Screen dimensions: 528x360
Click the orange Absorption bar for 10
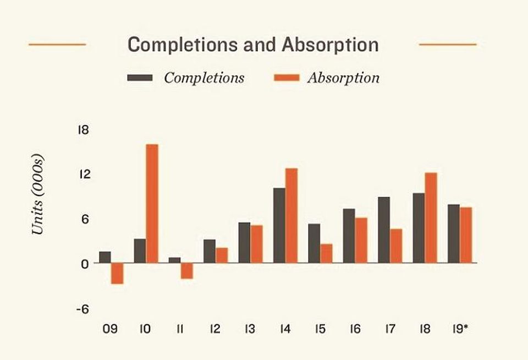click(x=152, y=204)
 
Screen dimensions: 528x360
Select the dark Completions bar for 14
click(x=279, y=226)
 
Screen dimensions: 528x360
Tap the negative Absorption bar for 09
click(x=117, y=274)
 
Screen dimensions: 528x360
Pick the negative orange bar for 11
click(x=187, y=271)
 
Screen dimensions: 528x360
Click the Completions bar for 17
click(x=384, y=230)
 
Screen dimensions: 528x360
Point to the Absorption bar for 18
click(x=431, y=218)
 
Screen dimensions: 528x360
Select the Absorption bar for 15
click(x=326, y=253)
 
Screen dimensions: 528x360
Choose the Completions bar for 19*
click(x=454, y=233)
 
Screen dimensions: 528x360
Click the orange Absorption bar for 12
click(x=222, y=255)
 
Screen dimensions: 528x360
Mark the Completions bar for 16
click(x=349, y=236)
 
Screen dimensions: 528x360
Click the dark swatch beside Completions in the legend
click(x=140, y=78)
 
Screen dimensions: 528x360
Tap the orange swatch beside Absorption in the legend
click(x=287, y=78)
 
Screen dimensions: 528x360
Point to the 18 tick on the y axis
click(x=83, y=130)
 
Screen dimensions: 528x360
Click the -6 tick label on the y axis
click(x=83, y=309)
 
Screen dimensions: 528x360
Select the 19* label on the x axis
click(x=460, y=329)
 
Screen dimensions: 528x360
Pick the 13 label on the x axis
click(x=250, y=329)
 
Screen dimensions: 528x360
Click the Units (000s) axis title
click(x=38, y=194)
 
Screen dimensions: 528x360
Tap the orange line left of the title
click(x=57, y=44)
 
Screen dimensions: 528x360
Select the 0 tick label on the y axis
click(x=85, y=264)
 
